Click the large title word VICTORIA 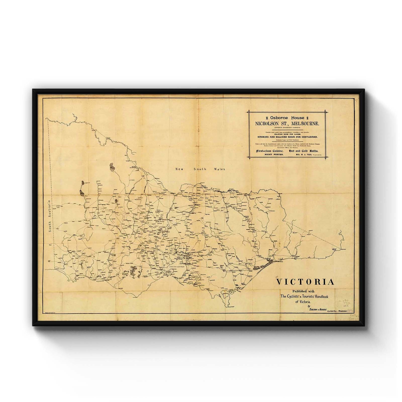(305, 282)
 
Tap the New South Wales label (200, 169)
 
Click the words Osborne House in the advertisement (287, 118)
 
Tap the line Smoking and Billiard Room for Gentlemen (287, 137)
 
